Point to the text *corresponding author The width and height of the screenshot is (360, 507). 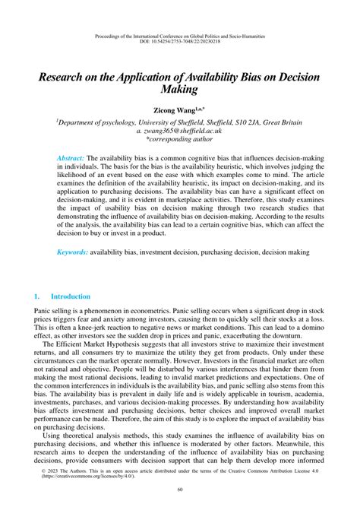tap(180, 141)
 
